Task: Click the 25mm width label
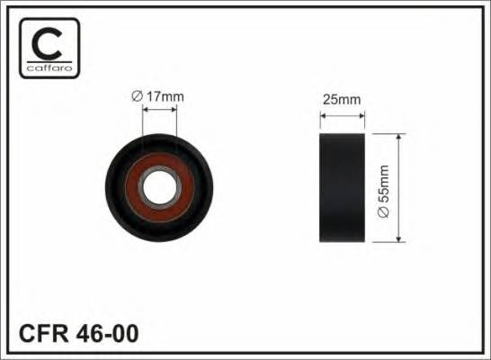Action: click(342, 100)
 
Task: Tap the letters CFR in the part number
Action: click(42, 334)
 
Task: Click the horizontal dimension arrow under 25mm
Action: click(343, 115)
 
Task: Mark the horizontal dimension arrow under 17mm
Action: click(160, 109)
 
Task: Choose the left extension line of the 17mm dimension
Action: click(144, 121)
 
